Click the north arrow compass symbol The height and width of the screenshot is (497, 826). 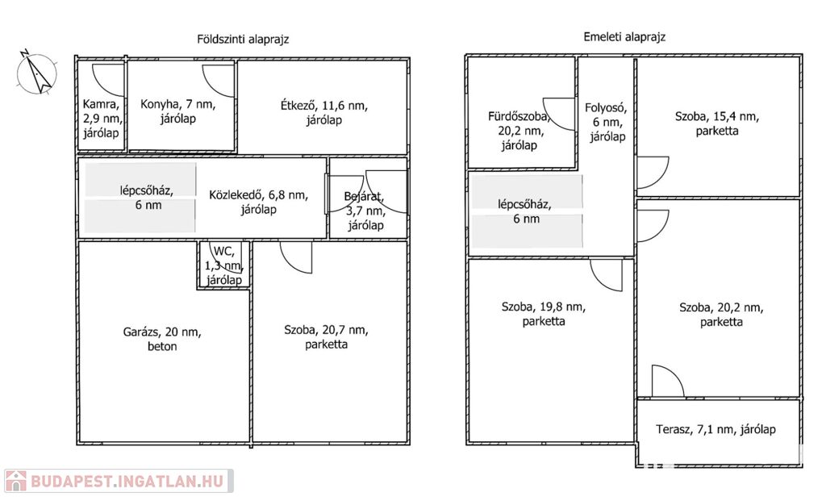pos(36,72)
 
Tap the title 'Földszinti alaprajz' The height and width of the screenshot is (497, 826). pos(243,39)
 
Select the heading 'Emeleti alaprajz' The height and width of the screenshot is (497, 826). pos(624,37)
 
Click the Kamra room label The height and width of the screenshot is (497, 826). pos(101,119)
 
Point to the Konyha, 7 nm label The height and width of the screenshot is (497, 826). pos(177,111)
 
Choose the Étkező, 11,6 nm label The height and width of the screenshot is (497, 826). pos(324,113)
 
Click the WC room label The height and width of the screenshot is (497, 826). pos(224,265)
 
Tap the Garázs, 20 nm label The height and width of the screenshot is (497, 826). pos(162,339)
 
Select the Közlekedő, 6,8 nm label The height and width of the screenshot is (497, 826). pos(259,202)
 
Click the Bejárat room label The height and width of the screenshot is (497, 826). pos(365,211)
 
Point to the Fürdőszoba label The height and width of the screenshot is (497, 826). pos(519,131)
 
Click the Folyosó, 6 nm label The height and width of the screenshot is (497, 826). pos(607,123)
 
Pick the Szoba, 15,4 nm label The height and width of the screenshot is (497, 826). pos(716,123)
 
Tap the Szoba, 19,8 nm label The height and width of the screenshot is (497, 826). pos(544,314)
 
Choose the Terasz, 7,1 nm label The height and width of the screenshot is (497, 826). pos(715,429)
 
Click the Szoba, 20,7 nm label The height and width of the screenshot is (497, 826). pos(326,336)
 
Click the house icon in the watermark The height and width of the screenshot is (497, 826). pos(15,481)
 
